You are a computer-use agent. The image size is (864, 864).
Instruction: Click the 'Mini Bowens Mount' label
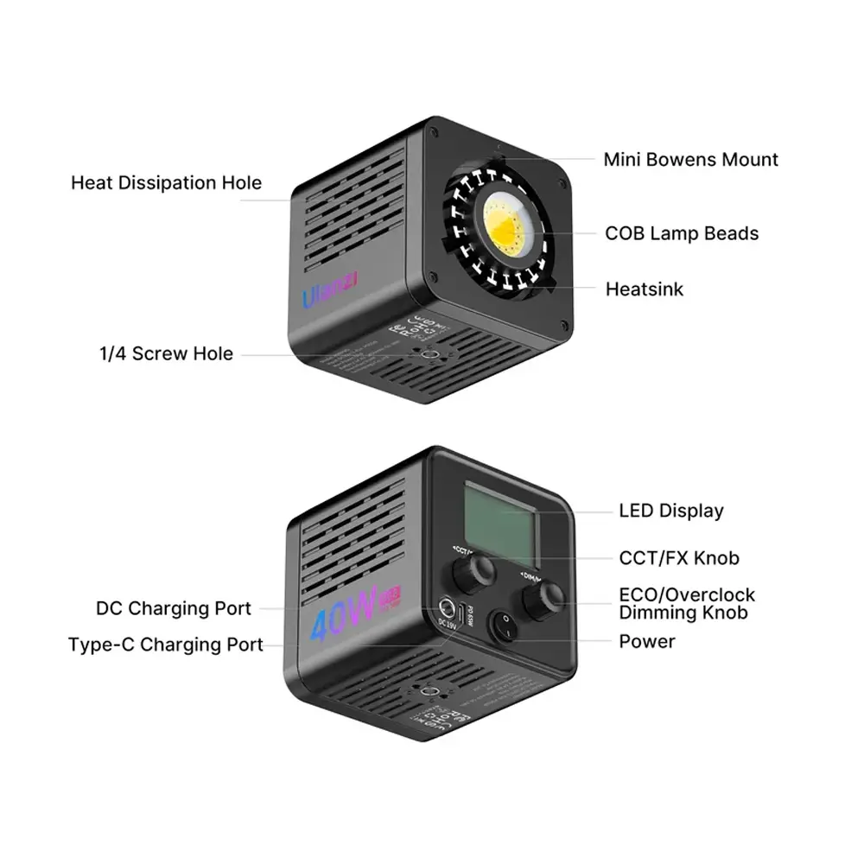[x=690, y=160]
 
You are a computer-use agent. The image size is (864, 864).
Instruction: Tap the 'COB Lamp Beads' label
[x=682, y=233]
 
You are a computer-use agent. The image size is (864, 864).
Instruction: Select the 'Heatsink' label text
[x=644, y=289]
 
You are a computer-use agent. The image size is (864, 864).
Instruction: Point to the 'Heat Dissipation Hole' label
[x=166, y=183]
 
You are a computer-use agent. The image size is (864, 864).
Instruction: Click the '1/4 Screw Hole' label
[x=166, y=353]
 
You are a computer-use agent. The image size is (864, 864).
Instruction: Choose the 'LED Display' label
[x=671, y=511]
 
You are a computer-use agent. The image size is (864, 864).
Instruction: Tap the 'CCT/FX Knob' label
[x=679, y=558]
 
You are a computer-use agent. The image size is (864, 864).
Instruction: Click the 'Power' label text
[x=647, y=641]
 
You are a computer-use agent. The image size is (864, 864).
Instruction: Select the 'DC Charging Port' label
[x=174, y=608]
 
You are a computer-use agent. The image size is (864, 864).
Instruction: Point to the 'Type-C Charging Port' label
[x=166, y=645]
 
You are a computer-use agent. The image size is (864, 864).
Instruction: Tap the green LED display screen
[x=499, y=518]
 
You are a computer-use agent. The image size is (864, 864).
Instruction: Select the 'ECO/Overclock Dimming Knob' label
[x=687, y=604]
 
